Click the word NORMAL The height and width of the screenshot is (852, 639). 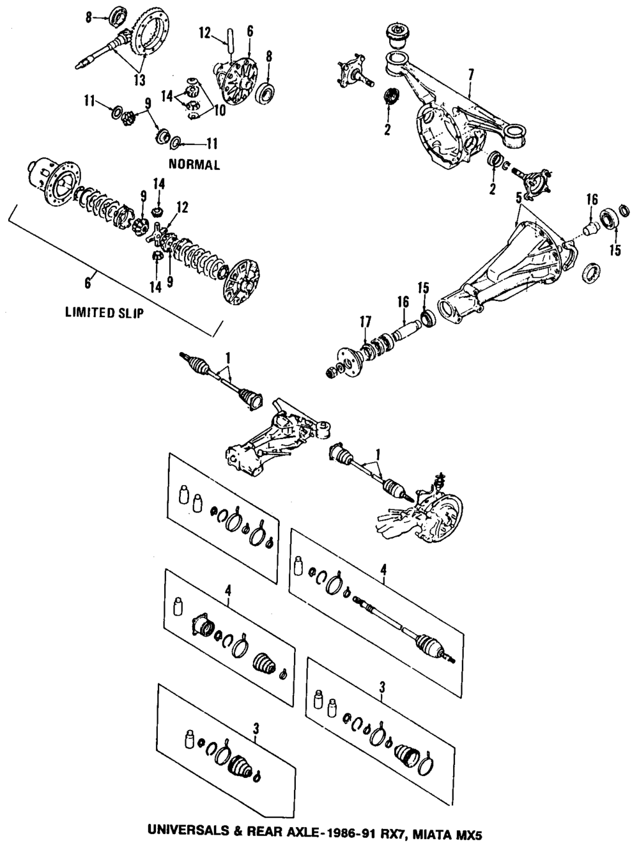click(x=194, y=165)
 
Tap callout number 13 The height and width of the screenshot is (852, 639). click(x=139, y=80)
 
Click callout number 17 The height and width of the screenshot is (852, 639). click(x=364, y=324)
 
